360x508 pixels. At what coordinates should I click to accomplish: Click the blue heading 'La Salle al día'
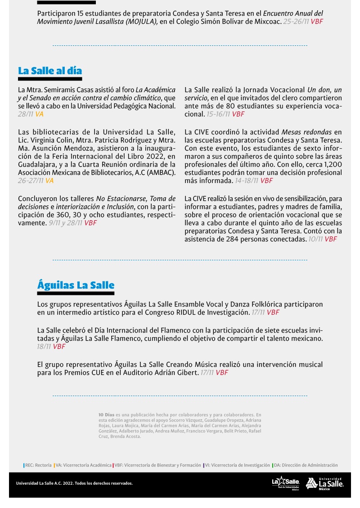coord(50,71)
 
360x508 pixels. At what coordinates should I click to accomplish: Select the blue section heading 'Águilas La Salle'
coord(76,285)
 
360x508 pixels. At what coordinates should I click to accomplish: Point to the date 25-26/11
coord(296,22)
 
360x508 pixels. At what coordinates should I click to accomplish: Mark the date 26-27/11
coord(31,181)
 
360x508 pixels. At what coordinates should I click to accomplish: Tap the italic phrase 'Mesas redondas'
coord(306,132)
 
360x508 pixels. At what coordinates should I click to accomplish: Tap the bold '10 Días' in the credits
coord(106,414)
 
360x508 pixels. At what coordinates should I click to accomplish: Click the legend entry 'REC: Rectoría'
coord(38,465)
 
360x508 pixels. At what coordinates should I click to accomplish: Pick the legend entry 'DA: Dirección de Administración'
coord(306,465)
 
